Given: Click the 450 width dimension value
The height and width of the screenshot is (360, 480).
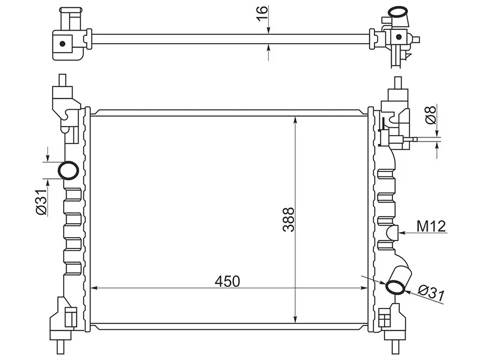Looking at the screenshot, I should click(x=228, y=281).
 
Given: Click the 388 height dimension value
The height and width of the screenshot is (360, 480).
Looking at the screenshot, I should click(x=289, y=220).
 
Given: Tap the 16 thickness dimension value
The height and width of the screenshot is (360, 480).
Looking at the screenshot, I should click(x=260, y=13).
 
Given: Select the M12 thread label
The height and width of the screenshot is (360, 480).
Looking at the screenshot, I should click(x=430, y=226).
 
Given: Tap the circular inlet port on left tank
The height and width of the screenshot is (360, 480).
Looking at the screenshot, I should click(x=68, y=170).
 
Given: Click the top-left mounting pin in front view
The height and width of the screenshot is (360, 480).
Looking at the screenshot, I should click(x=61, y=80).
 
